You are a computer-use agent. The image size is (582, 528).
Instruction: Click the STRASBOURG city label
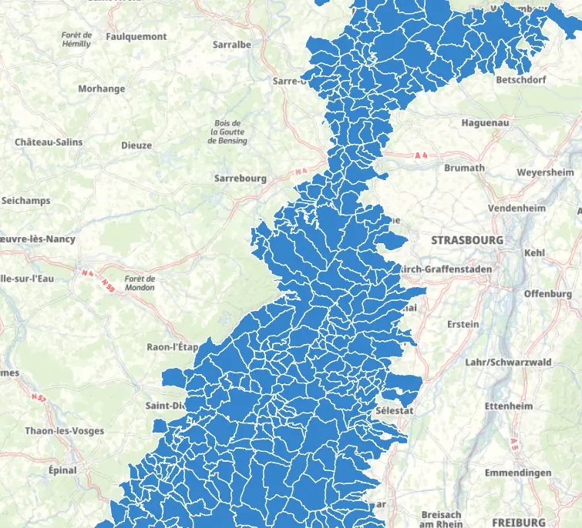tap(466, 240)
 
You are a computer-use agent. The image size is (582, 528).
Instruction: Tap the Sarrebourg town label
tap(240, 179)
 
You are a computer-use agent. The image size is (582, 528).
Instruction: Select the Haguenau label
tap(485, 122)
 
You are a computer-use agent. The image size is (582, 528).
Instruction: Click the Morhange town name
tap(101, 89)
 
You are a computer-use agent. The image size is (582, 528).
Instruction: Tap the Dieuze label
tap(136, 145)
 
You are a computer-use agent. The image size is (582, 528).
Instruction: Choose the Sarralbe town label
tap(232, 45)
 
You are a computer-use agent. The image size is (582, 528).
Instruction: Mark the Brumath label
tap(465, 168)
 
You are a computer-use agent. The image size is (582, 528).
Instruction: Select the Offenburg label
tap(548, 294)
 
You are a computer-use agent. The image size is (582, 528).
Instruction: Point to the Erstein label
tap(463, 324)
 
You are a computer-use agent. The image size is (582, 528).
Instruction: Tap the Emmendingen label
tap(518, 473)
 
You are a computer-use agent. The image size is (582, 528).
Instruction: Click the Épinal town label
tap(62, 470)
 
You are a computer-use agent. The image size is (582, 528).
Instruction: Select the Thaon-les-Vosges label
tap(65, 431)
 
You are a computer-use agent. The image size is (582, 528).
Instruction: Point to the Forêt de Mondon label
tap(140, 282)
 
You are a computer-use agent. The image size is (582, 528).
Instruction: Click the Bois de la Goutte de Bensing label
tap(228, 132)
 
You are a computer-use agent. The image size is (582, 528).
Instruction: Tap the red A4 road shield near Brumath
tap(420, 155)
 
